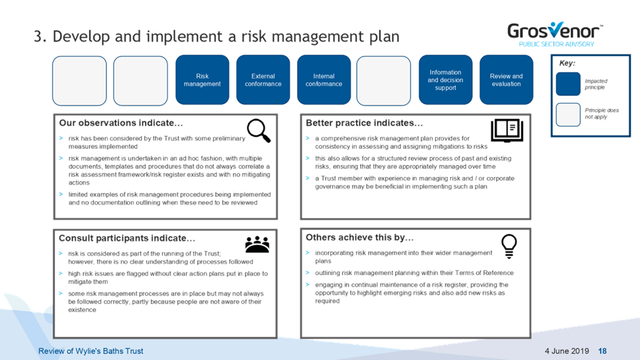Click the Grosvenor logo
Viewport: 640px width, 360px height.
coord(555,34)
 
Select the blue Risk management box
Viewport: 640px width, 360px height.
coord(203,80)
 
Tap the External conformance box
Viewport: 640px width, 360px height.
coord(263,80)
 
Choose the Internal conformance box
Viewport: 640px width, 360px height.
coord(324,80)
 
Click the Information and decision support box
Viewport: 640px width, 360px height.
coord(446,80)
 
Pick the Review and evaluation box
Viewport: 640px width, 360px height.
coord(507,80)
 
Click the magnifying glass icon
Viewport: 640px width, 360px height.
coord(259,131)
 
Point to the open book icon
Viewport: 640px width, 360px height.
coord(507,131)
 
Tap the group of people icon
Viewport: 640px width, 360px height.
coord(257,244)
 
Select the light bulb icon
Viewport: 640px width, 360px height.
coord(509,246)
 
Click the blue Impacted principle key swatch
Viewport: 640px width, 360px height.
coord(568,84)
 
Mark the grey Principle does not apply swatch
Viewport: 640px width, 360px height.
coord(568,114)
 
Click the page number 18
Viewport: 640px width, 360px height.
coord(602,351)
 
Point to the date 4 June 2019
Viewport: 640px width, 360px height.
coord(567,351)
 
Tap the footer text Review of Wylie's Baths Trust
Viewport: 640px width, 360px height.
coord(91,351)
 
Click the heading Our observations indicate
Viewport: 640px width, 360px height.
coord(121,123)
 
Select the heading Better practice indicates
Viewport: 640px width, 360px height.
coord(364,123)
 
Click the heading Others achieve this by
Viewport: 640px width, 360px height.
coord(359,238)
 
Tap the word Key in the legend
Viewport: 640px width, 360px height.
coord(567,63)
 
